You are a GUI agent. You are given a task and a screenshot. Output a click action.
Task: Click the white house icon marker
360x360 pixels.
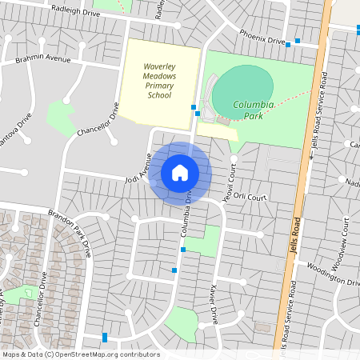coord(180,172)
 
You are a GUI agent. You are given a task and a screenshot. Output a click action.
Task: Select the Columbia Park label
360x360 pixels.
coord(253,110)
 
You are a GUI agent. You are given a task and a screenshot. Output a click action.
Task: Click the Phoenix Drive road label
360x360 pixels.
coord(262,36)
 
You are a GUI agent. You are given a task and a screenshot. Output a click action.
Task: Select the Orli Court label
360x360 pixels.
coord(250,197)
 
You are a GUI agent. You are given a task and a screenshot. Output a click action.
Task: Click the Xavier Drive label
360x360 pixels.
coord(211,305)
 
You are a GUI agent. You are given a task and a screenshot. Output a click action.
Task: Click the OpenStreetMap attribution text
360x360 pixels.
coord(81,354)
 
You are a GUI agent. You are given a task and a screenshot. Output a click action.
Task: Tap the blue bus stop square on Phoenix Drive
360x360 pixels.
coord(298,41)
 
